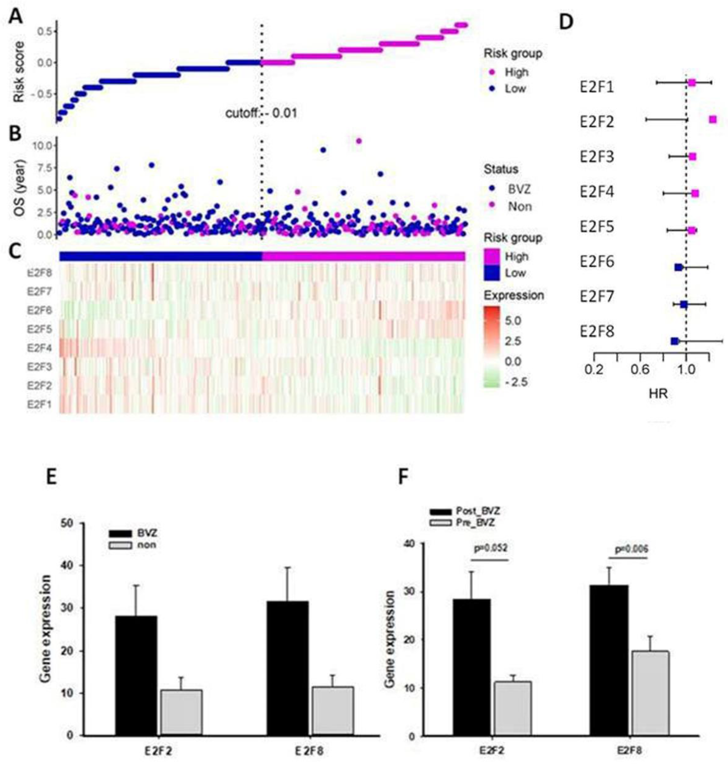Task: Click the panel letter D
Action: pos(566,23)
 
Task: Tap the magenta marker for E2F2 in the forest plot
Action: pos(712,120)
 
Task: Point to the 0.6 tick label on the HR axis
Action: pos(640,370)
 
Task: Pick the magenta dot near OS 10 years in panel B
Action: pos(358,141)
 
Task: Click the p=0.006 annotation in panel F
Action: pos(632,549)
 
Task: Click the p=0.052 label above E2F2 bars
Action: pos(491,549)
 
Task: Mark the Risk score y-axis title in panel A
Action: pos(19,72)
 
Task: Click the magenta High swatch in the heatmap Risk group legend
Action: pos(491,257)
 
